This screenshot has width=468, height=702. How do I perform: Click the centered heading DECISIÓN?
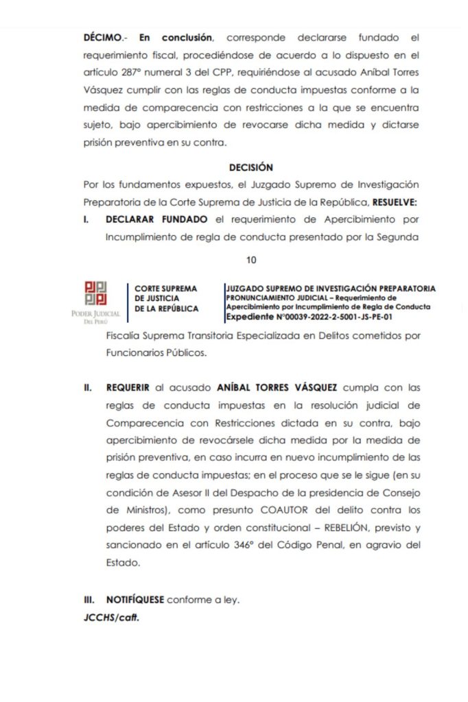(250, 167)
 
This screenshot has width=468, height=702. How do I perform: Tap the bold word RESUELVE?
(397, 203)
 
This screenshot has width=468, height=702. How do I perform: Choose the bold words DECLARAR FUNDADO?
(156, 221)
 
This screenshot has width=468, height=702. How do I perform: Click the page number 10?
(250, 260)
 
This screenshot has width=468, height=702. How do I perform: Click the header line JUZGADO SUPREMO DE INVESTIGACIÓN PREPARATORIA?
(329, 289)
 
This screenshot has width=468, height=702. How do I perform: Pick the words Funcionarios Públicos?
(157, 354)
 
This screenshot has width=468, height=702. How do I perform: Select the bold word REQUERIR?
(128, 388)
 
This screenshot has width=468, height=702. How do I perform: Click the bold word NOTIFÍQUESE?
(134, 600)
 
